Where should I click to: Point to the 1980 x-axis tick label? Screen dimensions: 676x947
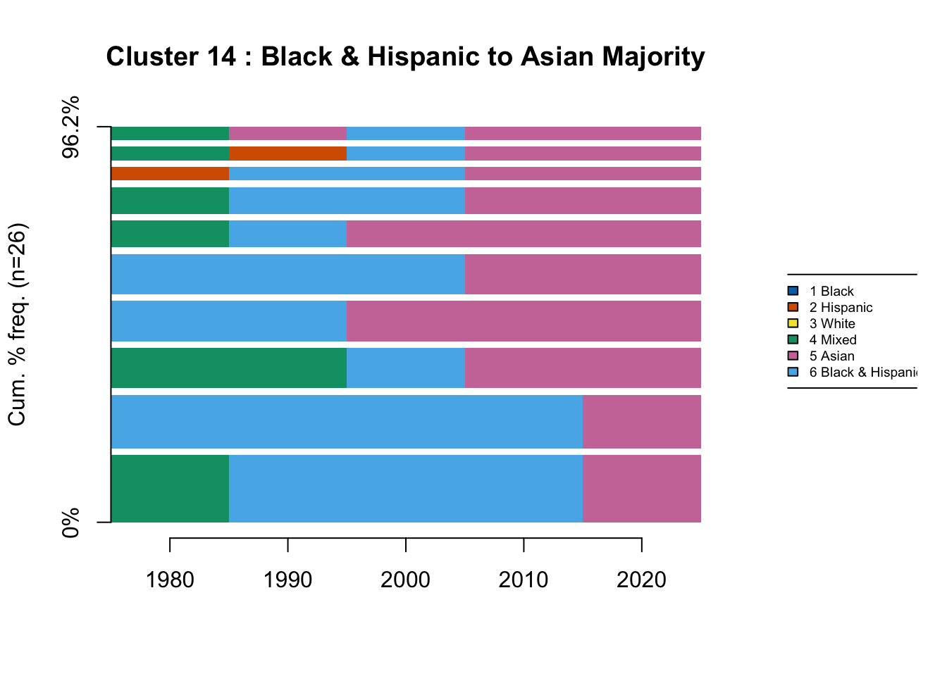pos(170,580)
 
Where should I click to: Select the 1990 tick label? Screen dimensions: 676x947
pos(287,580)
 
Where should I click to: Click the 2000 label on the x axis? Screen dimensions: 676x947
pos(405,580)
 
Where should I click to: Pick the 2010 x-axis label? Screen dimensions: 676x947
pos(524,580)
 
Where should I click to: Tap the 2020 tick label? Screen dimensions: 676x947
pos(641,580)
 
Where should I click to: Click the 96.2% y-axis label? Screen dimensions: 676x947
pos(71,127)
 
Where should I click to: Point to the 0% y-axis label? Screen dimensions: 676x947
pos(71,522)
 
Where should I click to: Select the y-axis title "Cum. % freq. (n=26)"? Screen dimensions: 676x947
pos(17,325)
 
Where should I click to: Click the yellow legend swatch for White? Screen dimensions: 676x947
pos(793,324)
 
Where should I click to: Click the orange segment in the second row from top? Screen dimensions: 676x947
pos(287,154)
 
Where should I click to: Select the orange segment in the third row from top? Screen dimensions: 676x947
pos(170,174)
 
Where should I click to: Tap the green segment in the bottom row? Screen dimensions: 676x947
pos(170,489)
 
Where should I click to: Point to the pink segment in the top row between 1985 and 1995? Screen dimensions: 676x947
pos(287,133)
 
